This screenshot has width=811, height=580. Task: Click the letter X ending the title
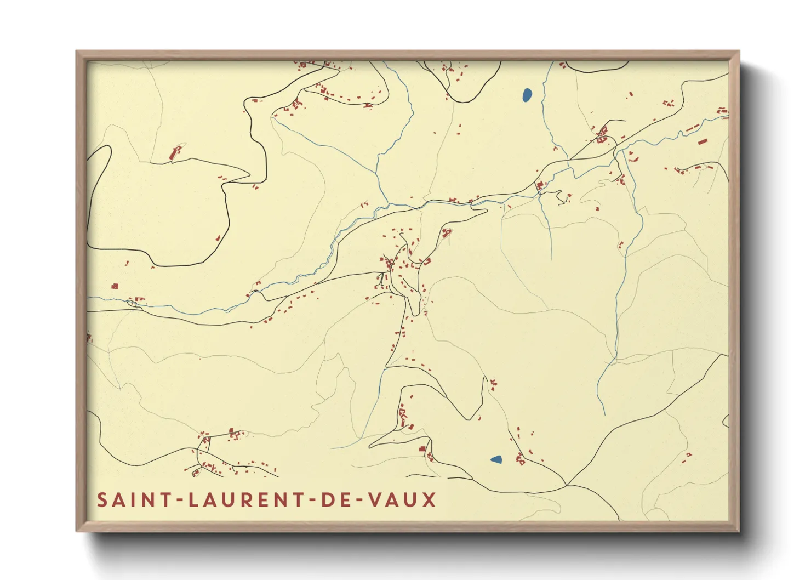(430, 500)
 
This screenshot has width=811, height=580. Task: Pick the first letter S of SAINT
(102, 500)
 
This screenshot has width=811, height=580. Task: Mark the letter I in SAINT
(134, 500)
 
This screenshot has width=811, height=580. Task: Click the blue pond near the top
(527, 95)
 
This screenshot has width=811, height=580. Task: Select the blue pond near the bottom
(496, 459)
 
